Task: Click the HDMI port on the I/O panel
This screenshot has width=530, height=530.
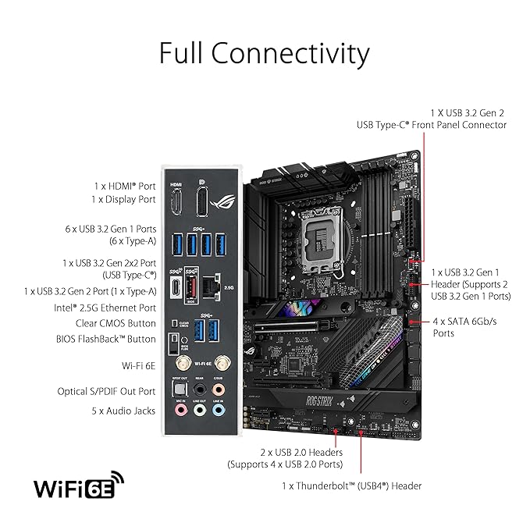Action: pos(176,202)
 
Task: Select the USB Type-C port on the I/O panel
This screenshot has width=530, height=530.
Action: pos(176,287)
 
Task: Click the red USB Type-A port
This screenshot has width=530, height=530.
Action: pos(191,286)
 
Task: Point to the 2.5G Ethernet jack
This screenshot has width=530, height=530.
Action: pos(212,287)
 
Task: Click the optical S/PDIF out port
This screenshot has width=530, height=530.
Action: pos(180,389)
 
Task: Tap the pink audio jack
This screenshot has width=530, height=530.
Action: pos(181,411)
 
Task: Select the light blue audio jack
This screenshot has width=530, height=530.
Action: pos(219,411)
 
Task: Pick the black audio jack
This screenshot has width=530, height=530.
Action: pos(200,389)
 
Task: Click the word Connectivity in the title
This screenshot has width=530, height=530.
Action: pos(290,54)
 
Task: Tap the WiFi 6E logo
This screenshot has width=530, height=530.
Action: pos(79,485)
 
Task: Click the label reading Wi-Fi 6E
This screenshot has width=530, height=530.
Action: pos(139,366)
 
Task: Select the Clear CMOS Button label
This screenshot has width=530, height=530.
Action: pos(116,323)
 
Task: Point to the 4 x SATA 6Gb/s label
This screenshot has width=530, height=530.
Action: pos(464,327)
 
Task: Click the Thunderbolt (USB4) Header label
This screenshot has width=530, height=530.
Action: pos(352,486)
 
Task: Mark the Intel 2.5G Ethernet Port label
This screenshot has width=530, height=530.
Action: pos(105,308)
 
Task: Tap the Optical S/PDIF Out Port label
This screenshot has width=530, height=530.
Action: pos(106,391)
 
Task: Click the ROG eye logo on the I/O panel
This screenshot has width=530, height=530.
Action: pos(222,202)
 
